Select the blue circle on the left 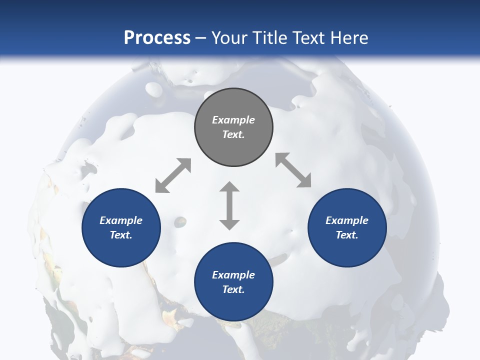[x=121, y=227]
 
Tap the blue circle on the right [x=347, y=227]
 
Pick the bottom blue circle [x=233, y=282]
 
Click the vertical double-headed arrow [x=229, y=205]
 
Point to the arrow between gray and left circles [x=173, y=175]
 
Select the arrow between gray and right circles [x=293, y=170]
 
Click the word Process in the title [x=157, y=37]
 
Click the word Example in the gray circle [x=233, y=120]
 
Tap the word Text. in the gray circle [x=233, y=134]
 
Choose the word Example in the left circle [x=121, y=220]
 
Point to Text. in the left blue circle [x=121, y=235]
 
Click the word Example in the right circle [x=347, y=220]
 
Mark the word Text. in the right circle [x=347, y=235]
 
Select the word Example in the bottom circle [x=233, y=275]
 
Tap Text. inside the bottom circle [x=233, y=289]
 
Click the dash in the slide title [x=201, y=38]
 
